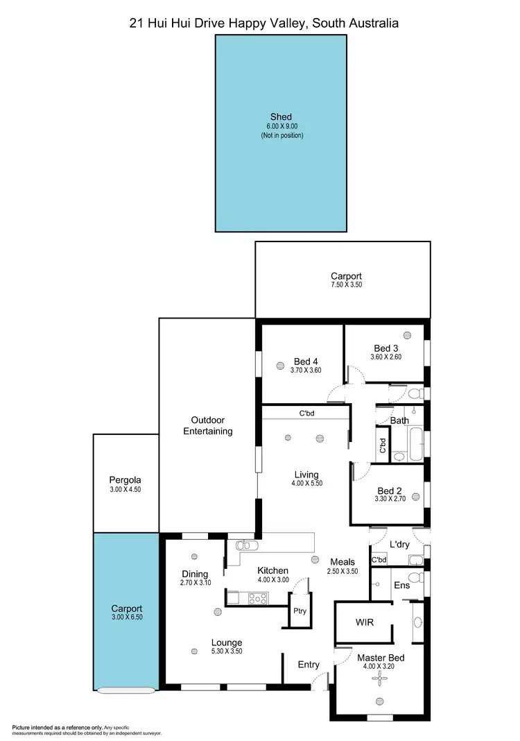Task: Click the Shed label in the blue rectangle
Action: point(281,117)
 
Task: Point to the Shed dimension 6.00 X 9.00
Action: point(281,126)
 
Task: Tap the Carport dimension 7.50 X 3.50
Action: point(346,285)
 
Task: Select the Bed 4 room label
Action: point(306,361)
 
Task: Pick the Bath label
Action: point(399,420)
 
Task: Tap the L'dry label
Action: point(399,545)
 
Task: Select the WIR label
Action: point(365,622)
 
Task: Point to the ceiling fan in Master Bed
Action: point(378,681)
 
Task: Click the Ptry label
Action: point(300,611)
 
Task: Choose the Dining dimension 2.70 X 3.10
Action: point(195,584)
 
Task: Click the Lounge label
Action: point(227,642)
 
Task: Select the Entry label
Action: point(309,665)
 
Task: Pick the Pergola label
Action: point(125,479)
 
